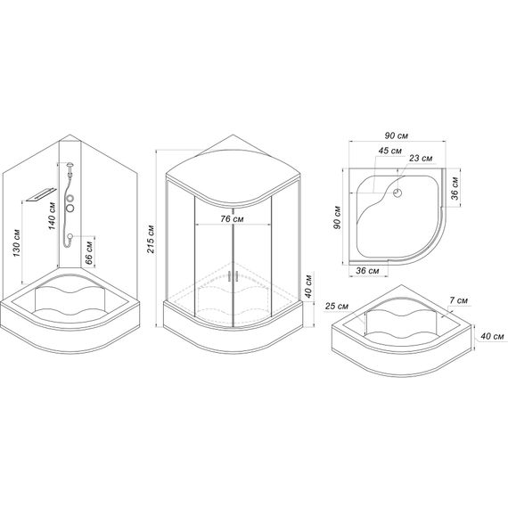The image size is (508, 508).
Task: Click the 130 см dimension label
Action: pyautogui.click(x=17, y=243)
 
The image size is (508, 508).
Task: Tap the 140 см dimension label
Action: pyautogui.click(x=52, y=216)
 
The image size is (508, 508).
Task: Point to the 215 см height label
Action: pyautogui.click(x=151, y=239)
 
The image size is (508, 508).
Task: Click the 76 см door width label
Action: pyautogui.click(x=232, y=219)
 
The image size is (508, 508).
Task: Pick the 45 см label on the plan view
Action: pyautogui.click(x=389, y=151)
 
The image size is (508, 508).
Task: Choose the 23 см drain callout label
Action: pyautogui.click(x=421, y=158)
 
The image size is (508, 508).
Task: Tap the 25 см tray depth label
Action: pyautogui.click(x=337, y=306)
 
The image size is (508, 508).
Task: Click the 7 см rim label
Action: pyautogui.click(x=458, y=300)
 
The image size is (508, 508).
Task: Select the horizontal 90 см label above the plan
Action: pyautogui.click(x=397, y=135)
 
